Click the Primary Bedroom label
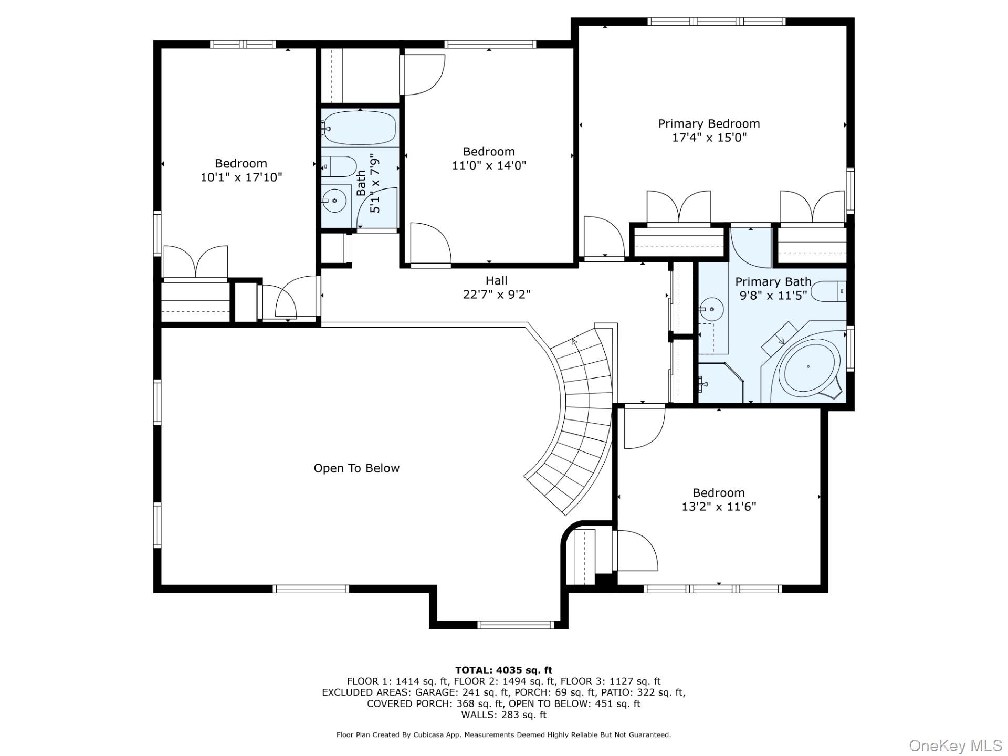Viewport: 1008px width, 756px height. click(709, 124)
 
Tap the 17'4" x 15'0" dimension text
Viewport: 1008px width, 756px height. click(709, 138)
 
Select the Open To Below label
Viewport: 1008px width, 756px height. click(356, 468)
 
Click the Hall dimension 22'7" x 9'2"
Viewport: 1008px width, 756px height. click(496, 295)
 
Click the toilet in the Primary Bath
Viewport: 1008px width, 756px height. click(829, 291)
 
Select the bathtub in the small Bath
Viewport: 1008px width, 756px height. click(360, 128)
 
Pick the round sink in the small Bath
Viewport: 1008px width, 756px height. click(334, 200)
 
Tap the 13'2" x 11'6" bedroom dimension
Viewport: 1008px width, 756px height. click(718, 507)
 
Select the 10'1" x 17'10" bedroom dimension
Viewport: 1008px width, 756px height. click(241, 177)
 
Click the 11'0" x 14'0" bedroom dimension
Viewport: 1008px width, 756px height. click(489, 165)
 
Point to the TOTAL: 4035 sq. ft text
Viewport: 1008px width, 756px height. click(503, 670)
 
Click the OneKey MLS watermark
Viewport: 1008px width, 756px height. click(955, 745)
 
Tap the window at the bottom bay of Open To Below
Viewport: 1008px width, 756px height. click(516, 625)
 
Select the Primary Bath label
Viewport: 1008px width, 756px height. click(772, 282)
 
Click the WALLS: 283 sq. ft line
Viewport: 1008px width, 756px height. click(503, 715)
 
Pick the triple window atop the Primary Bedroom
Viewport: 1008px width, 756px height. click(716, 22)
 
